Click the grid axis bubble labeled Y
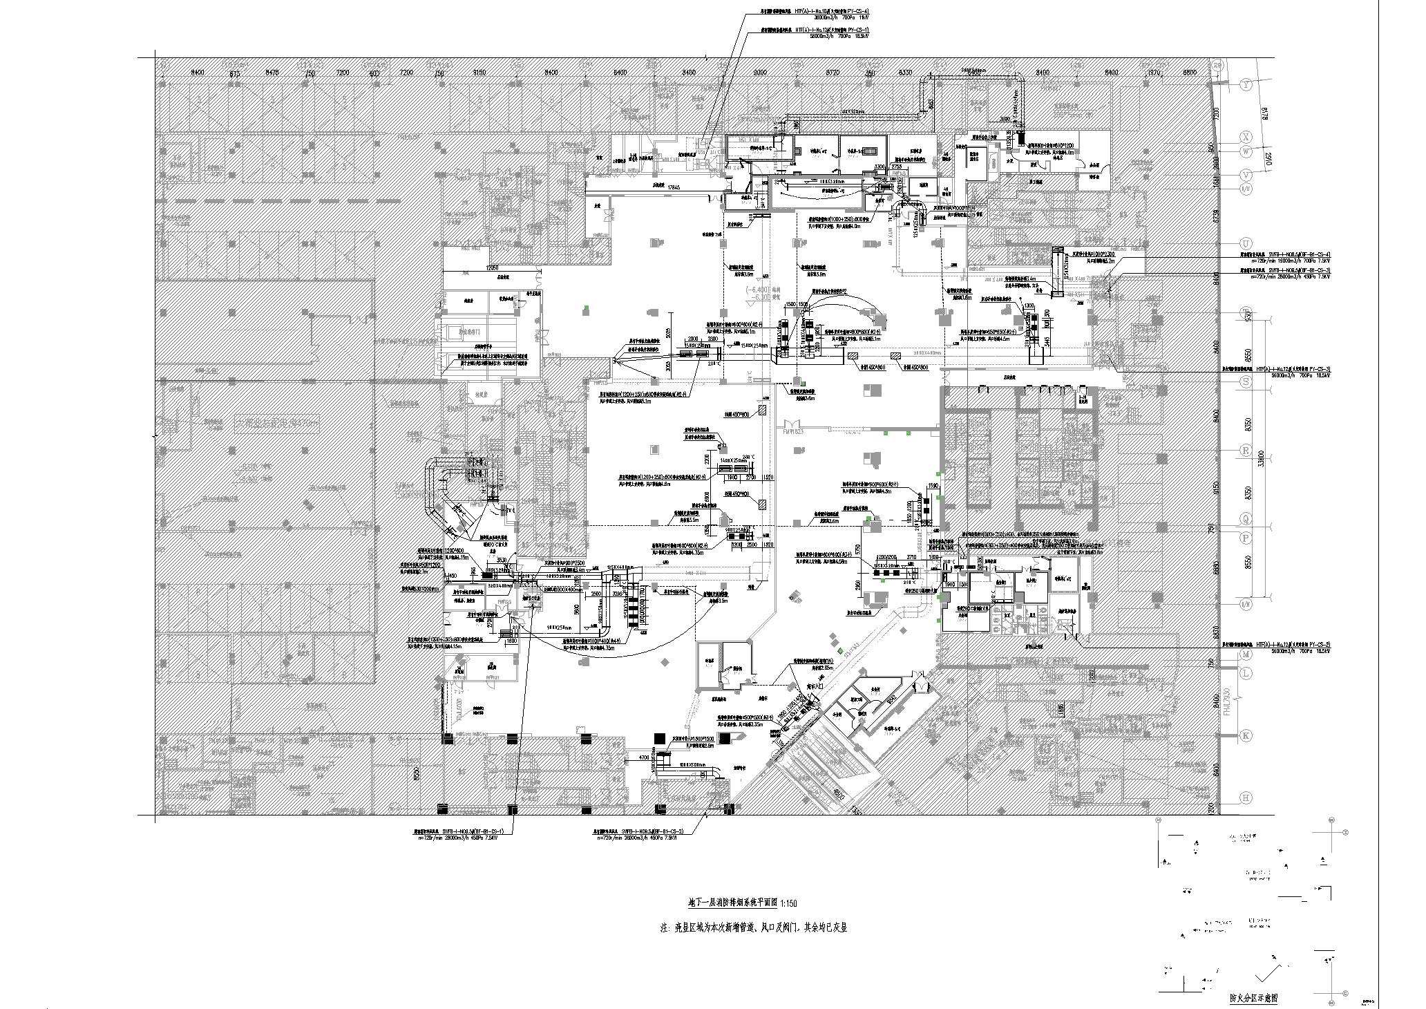tap(1247, 85)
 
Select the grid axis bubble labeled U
tap(1247, 244)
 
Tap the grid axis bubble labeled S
tap(1247, 381)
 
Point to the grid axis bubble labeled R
tap(1247, 450)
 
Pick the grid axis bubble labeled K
tap(1247, 736)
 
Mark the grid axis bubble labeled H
tap(1247, 798)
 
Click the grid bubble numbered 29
tap(1217, 65)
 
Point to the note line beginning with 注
tap(753, 928)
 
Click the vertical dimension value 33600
tap(1262, 458)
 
